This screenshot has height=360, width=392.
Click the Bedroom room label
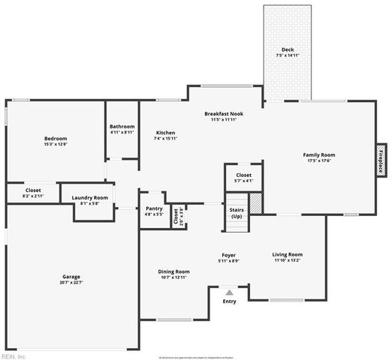(56, 139)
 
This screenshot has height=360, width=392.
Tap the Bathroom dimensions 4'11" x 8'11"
(122, 133)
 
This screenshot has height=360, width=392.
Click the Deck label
(287, 49)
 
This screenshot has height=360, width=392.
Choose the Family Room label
(318, 154)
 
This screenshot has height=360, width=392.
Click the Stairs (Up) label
(237, 212)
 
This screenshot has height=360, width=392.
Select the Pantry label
(154, 208)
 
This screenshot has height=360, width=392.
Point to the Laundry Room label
(89, 197)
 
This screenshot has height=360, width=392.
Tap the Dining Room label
(173, 271)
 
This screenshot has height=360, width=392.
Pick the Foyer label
(228, 254)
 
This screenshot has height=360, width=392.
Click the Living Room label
(287, 254)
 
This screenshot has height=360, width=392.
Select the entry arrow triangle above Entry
(229, 290)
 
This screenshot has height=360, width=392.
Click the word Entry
(229, 301)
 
